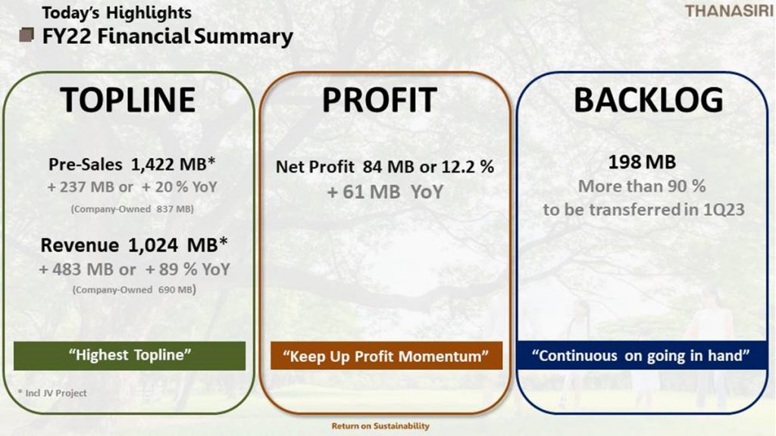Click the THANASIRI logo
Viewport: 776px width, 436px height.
pyautogui.click(x=730, y=11)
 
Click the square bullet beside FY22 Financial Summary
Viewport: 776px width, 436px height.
pyautogui.click(x=27, y=35)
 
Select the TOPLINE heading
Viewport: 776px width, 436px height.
pyautogui.click(x=127, y=100)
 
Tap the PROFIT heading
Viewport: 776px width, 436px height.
pyautogui.click(x=380, y=100)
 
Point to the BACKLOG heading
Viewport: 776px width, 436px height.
pyautogui.click(x=649, y=100)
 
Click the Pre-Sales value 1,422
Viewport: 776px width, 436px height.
pyautogui.click(x=152, y=164)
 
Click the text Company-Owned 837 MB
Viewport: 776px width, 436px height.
pyautogui.click(x=132, y=209)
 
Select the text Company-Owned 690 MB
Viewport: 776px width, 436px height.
pyautogui.click(x=134, y=290)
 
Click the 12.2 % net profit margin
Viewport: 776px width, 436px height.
pyautogui.click(x=468, y=167)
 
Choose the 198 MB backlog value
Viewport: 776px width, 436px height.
pyautogui.click(x=642, y=162)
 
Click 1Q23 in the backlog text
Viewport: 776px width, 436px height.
pyautogui.click(x=724, y=210)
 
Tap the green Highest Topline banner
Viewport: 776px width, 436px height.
pyautogui.click(x=130, y=356)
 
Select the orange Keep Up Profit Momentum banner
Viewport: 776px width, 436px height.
pyautogui.click(x=386, y=356)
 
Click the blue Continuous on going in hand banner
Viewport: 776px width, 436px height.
pyautogui.click(x=641, y=355)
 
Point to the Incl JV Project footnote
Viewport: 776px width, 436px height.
pyautogui.click(x=52, y=393)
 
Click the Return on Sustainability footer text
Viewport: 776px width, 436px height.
pyautogui.click(x=380, y=425)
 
